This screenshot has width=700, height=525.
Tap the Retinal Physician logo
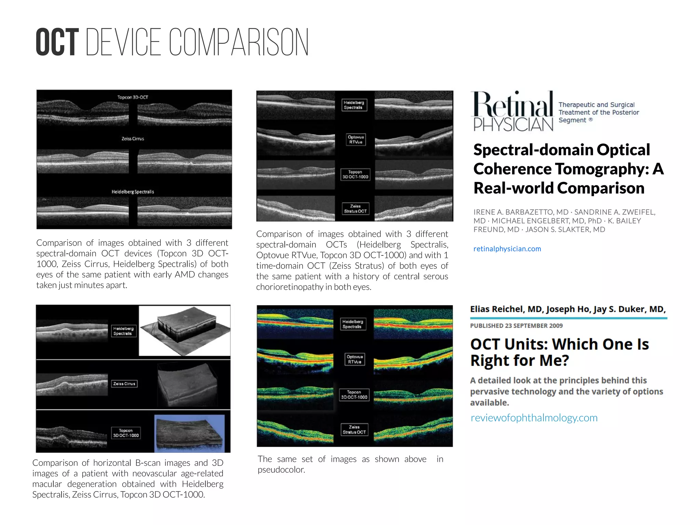(513, 111)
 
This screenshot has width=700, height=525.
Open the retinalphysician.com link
(507, 249)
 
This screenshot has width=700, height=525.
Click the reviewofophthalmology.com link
(534, 418)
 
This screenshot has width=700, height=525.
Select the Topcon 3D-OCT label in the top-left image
(133, 97)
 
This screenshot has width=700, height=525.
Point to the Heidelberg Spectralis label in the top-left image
(133, 192)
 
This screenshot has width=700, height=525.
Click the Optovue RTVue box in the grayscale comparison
(355, 140)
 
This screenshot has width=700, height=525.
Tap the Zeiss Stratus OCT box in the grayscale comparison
(355, 209)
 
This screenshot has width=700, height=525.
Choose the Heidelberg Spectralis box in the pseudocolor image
(352, 324)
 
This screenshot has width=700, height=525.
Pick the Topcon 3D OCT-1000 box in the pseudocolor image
(354, 395)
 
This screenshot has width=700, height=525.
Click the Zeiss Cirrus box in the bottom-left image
(124, 384)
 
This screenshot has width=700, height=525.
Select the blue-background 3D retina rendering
(190, 433)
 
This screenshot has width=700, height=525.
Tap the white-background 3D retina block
(185, 330)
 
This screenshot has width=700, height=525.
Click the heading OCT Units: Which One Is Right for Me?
(559, 352)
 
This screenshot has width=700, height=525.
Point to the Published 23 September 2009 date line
(516, 326)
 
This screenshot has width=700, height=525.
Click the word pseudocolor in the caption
(281, 470)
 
